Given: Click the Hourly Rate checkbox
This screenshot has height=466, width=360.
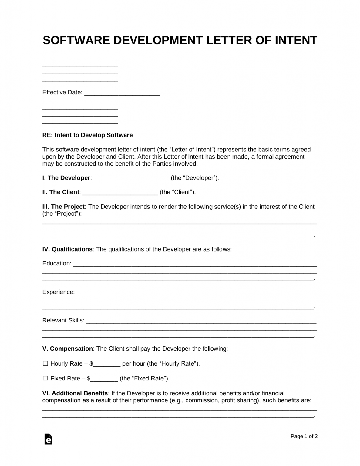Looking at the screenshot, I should pyautogui.click(x=45, y=363).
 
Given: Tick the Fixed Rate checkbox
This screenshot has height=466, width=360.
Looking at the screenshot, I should pyautogui.click(x=45, y=378).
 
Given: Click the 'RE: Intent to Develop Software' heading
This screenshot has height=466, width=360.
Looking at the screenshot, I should pyautogui.click(x=87, y=135).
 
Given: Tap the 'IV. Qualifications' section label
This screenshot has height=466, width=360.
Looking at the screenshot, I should pyautogui.click(x=67, y=249).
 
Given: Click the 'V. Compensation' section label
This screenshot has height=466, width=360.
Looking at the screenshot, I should pyautogui.click(x=67, y=349).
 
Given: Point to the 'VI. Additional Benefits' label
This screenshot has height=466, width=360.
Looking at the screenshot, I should pyautogui.click(x=75, y=393).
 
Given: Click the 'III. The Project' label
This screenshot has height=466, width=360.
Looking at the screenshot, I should pyautogui.click(x=63, y=207).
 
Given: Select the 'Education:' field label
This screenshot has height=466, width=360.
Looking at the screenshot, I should pyautogui.click(x=57, y=263).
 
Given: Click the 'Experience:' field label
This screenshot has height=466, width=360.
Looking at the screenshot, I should pyautogui.click(x=58, y=292).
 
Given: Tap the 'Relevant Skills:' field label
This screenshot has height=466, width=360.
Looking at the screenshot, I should pyautogui.click(x=63, y=320).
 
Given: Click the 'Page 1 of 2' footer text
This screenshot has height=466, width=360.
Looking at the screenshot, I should pyautogui.click(x=304, y=436).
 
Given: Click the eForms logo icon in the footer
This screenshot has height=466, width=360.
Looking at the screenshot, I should pyautogui.click(x=48, y=439).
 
